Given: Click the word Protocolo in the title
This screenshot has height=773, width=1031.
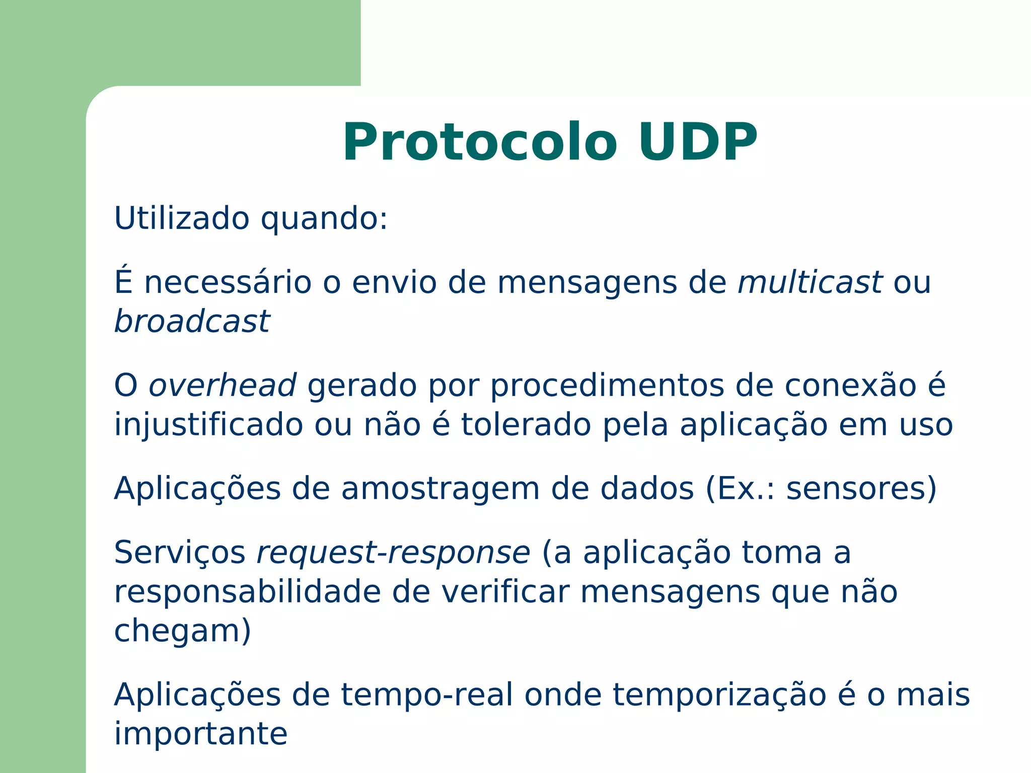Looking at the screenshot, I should coord(479,142).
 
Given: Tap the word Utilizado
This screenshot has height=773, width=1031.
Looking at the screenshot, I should coord(182,218).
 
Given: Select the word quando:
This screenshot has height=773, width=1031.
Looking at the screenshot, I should coord(324,219).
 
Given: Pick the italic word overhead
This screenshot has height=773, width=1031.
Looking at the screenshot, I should coord(222,385).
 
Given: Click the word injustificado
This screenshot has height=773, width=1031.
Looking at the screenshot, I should coord(208,425).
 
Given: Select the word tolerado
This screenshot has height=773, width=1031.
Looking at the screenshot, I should coord(526,425).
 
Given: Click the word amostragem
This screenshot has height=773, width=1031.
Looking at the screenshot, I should coord(440,489).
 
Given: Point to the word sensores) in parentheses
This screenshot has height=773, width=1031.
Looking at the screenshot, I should coord(861,489).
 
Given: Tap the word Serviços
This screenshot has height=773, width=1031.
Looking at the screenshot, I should coord(180,554).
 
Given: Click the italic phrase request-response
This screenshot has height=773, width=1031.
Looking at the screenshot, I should coord(393,554).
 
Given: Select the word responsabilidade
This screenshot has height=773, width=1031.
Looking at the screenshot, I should coord(247,592).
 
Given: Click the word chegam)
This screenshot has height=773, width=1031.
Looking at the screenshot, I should coord(182,632).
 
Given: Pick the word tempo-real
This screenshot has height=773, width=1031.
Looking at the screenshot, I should coord(427,695).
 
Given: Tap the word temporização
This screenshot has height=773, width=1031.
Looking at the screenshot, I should coord(719,696).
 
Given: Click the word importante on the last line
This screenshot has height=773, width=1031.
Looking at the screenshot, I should coord(201,735).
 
